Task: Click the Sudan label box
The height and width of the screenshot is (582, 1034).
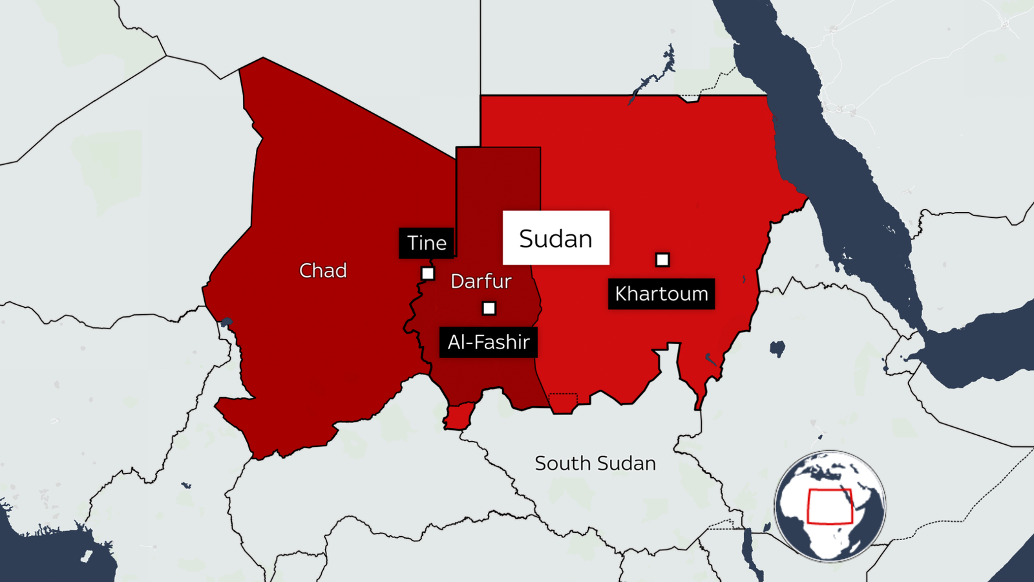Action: (556, 238)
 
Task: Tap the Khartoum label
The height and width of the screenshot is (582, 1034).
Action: (661, 294)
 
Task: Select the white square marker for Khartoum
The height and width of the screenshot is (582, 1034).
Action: (662, 260)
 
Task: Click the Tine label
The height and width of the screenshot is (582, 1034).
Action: (427, 243)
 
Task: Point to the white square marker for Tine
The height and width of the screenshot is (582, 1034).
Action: (428, 274)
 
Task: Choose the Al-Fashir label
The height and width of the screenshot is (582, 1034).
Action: (489, 342)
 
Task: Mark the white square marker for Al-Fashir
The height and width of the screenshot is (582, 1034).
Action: (489, 308)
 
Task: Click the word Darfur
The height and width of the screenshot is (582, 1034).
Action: (481, 281)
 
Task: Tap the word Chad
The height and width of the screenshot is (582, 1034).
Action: (323, 270)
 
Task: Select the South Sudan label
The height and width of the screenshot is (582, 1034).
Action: (595, 463)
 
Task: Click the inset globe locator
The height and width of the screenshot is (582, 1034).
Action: (830, 506)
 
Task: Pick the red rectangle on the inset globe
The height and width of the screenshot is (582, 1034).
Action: (830, 506)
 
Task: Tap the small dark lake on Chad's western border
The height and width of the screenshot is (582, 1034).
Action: (226, 321)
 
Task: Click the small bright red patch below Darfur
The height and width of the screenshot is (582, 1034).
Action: (459, 416)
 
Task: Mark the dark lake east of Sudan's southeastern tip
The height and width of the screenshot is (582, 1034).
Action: (777, 349)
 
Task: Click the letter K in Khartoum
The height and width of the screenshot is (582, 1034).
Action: (622, 294)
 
